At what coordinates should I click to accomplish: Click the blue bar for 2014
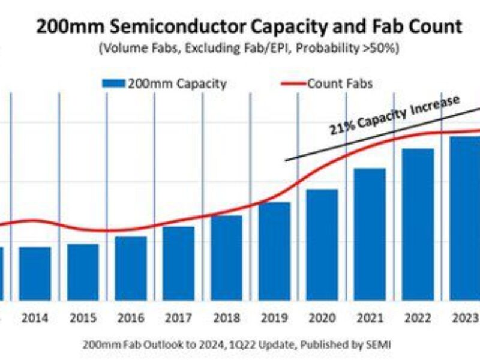35,274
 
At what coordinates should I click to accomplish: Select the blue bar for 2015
83,272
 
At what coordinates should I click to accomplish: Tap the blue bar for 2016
131,268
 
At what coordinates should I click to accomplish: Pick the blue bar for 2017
179,263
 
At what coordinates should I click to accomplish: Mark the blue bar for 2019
274,251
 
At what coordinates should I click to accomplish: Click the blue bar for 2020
322,245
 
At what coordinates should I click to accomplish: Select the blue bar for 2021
370,234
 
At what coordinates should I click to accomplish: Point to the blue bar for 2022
418,224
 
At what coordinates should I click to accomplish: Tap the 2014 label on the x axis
35,318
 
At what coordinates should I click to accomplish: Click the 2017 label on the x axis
179,318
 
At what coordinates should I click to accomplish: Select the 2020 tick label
322,318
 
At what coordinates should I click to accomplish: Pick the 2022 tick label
418,318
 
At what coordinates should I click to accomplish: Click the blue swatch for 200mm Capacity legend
113,83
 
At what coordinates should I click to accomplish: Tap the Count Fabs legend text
340,83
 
